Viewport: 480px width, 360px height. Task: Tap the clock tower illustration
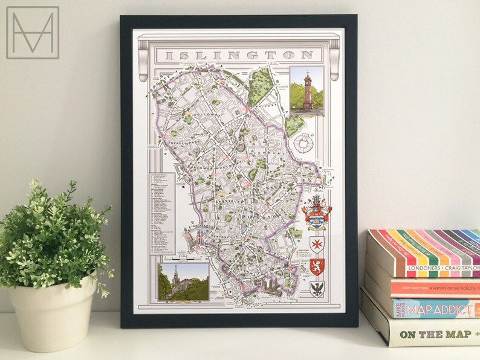pyautogui.click(x=306, y=91)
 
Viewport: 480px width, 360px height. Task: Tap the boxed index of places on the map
pyautogui.click(x=162, y=213)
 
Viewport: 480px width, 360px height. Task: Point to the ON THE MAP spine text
pyautogui.click(x=438, y=334)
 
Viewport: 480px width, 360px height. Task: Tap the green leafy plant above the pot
pyautogui.click(x=54, y=236)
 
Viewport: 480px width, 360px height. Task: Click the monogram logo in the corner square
pyautogui.click(x=33, y=33)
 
